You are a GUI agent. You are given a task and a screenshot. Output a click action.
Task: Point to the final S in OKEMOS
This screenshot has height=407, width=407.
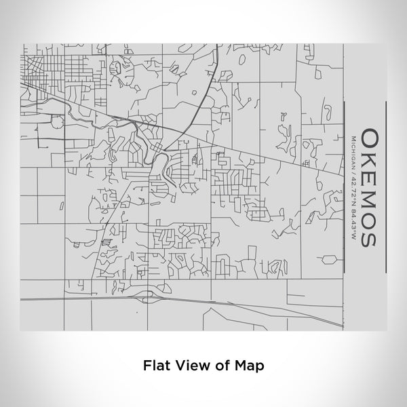coord(369,238)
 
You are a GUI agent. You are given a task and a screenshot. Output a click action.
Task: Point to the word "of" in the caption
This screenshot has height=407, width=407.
coord(220,364)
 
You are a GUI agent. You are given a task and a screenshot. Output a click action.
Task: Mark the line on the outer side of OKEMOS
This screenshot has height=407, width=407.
coord(385,187)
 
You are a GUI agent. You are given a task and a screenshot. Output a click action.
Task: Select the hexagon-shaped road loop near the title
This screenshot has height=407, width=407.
coord(329,259)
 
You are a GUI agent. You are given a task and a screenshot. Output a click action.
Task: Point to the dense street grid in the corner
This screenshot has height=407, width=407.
coord(47,68)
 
